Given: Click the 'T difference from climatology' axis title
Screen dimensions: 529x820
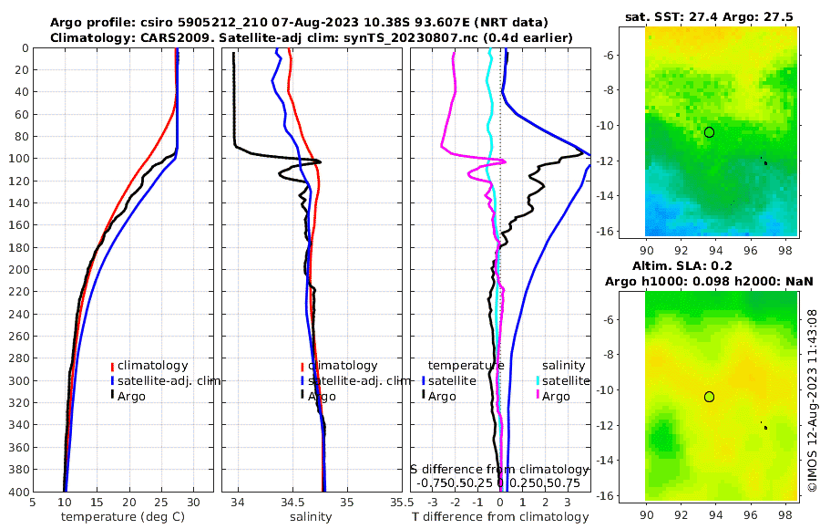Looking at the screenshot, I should [500, 517].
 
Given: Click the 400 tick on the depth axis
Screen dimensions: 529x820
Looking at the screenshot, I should [19, 492].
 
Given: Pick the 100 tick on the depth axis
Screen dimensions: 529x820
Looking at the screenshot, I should [19, 159].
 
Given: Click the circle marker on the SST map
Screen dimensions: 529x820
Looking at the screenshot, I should [709, 132].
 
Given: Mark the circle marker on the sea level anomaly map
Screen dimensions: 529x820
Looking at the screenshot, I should [709, 397].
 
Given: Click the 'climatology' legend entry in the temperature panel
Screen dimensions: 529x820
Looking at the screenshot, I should [152, 366].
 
